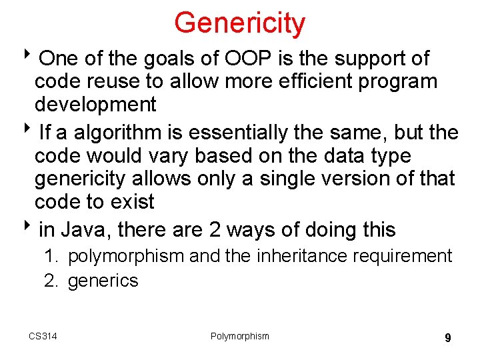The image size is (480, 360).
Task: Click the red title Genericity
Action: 239,23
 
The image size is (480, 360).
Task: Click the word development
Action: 95,105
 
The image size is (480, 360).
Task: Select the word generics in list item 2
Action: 103,280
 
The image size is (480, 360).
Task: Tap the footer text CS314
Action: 43,336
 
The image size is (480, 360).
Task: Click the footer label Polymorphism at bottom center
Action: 239,336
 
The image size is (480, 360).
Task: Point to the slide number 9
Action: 447,338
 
